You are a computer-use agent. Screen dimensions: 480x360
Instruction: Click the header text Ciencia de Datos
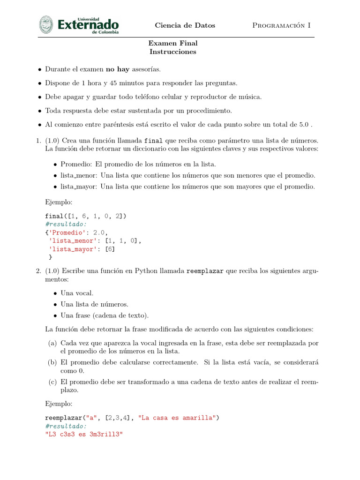point(185,25)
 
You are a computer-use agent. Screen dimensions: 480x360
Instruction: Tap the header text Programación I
point(281,25)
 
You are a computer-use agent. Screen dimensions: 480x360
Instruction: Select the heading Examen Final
point(172,43)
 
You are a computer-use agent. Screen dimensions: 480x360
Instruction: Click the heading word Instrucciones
point(172,52)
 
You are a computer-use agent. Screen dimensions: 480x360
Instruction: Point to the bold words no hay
point(117,69)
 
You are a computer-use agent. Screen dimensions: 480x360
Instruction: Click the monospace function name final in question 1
point(154,141)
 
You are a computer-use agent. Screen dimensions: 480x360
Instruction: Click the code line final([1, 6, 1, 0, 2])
point(86,216)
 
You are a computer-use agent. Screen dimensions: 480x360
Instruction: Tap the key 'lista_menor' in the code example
point(74,240)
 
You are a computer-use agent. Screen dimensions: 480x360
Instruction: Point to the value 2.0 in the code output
point(100,232)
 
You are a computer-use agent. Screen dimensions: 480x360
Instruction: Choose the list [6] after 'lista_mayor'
point(110,249)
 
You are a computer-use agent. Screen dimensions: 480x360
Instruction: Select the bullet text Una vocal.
point(77,293)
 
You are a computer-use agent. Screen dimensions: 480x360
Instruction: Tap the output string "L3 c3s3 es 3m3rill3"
point(83,435)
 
